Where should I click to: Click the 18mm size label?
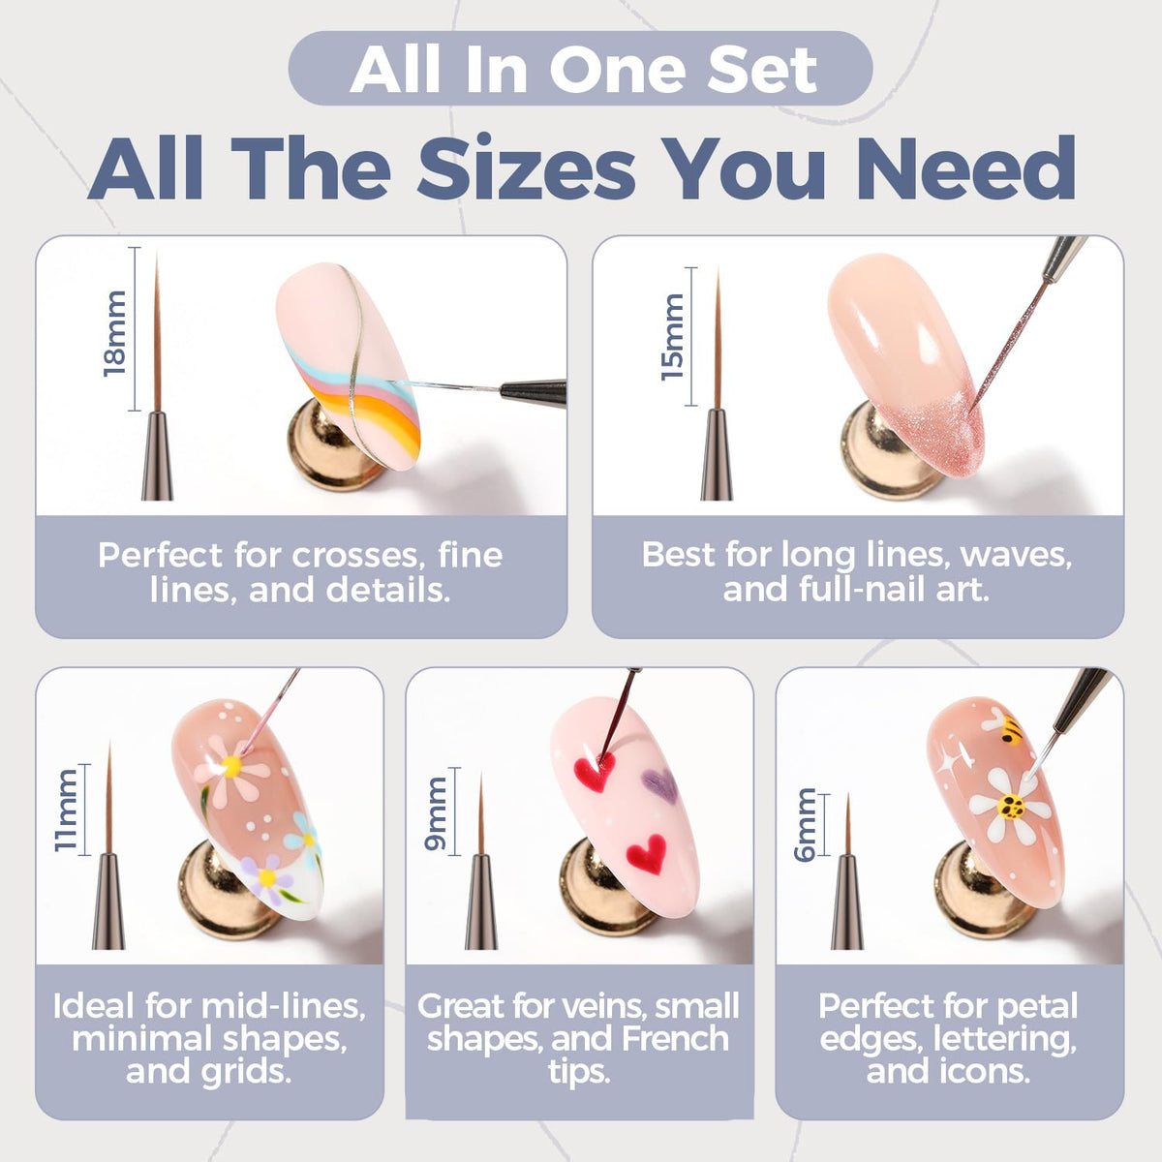114,333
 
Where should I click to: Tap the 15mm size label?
672,337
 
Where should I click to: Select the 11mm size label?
66,810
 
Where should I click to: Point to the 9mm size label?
436,813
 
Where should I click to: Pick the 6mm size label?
805,825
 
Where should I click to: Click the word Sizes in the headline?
526,168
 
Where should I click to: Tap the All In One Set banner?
580,69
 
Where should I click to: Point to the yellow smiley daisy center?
1010,806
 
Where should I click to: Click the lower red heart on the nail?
647,853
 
